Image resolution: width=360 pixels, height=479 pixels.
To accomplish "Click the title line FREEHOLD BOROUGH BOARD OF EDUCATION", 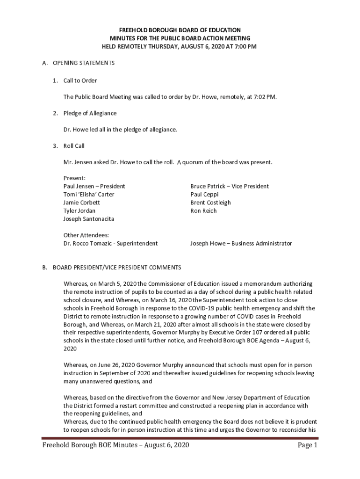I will pos(180,30).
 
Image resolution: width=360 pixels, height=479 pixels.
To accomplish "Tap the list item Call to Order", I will pos(80,80).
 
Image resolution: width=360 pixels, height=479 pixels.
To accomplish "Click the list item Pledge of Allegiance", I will pos(90,113).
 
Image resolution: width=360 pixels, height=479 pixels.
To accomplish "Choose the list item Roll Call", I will pos(74,146).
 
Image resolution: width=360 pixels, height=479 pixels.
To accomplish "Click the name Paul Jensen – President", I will pos(94,186).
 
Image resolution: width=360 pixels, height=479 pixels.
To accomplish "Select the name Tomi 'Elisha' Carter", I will pos(89,194).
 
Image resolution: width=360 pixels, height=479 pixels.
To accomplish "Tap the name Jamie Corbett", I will pos(82,203).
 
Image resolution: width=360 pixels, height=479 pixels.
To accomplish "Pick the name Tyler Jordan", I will pos(79,210).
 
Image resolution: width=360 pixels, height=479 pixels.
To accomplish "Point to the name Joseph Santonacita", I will pos(88,219).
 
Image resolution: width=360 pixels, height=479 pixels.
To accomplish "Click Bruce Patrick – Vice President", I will pos(230,186).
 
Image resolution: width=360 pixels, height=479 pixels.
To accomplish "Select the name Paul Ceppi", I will pos(204,194).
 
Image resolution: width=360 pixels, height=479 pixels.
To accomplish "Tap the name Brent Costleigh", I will pos(210,203).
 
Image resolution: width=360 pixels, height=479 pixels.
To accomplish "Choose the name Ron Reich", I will pos(203,210).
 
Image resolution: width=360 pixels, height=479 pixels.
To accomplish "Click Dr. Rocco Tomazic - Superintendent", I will pos(110,243).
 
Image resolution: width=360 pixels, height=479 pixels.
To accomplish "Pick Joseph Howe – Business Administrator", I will pos(241,243).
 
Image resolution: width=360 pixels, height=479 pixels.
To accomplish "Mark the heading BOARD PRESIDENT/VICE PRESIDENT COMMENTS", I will pos(117,268).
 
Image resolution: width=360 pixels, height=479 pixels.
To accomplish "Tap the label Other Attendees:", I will pos(86,235).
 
